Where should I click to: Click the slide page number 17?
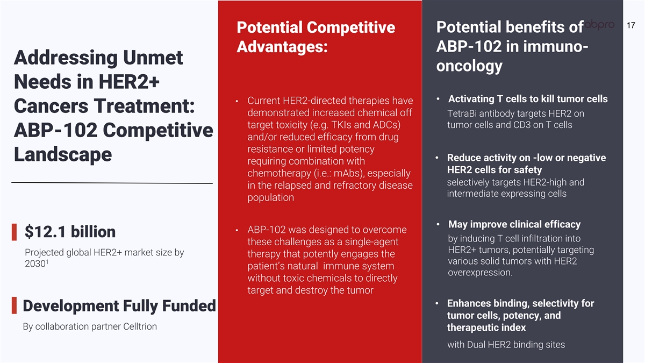(630, 25)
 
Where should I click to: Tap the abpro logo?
(599, 25)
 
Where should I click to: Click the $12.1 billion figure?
(70, 232)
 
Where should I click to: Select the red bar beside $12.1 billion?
(14, 232)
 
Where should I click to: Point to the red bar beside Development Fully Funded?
(14, 305)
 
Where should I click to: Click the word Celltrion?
(140, 326)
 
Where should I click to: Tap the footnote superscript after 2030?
(47, 261)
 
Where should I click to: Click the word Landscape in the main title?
(63, 154)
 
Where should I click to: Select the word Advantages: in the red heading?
(282, 46)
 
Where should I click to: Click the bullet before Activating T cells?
(438, 99)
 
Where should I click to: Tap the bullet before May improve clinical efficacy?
(438, 224)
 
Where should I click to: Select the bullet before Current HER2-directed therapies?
(236, 101)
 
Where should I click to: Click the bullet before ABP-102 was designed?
(236, 230)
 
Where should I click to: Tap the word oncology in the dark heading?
(469, 66)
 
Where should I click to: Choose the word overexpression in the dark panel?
(479, 273)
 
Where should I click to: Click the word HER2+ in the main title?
(129, 82)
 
